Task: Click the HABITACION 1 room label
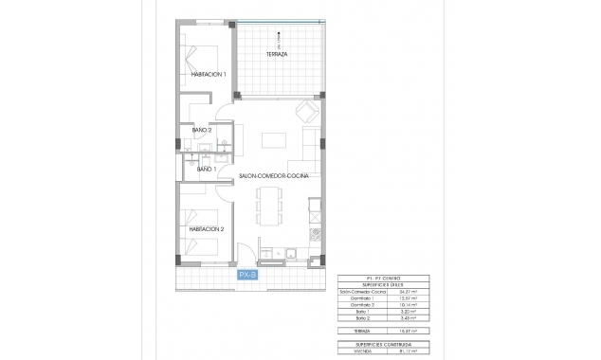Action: point(208,73)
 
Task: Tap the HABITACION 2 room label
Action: point(206,228)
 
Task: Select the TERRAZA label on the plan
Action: point(277,55)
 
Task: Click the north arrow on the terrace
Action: point(279,39)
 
